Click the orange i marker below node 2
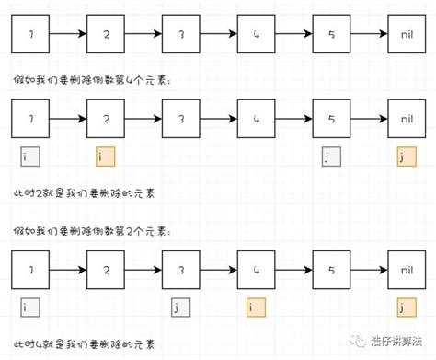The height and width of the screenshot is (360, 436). pos(105,157)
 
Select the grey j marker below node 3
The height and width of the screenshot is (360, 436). pos(180,307)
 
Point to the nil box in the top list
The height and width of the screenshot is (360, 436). pos(407,35)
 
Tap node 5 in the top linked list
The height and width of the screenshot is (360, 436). pos(331,35)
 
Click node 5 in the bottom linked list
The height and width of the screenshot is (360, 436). pos(331,270)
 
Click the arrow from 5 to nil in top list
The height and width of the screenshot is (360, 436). pos(369,35)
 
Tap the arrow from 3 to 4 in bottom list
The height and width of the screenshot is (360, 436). pos(218,270)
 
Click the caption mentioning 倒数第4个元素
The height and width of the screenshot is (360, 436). pos(92,81)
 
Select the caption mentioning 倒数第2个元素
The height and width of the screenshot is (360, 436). pos(92,228)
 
